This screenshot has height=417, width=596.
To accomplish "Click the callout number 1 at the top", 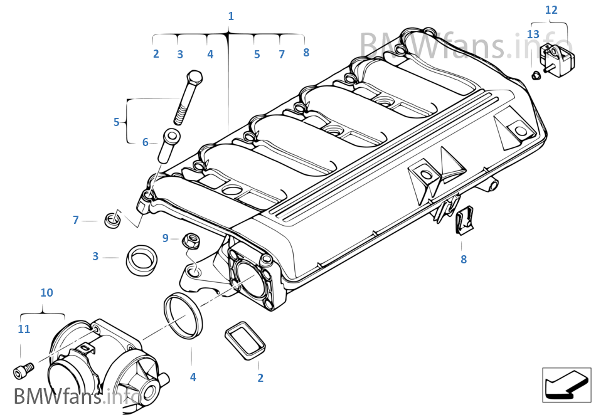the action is pyautogui.click(x=231, y=16).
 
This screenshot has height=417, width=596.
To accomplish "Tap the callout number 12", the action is pyautogui.click(x=551, y=10).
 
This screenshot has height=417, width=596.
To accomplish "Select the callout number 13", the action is pyautogui.click(x=533, y=34).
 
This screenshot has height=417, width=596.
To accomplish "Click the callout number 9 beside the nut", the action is pyautogui.click(x=166, y=238).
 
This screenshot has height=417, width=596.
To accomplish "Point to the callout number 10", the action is pyautogui.click(x=47, y=292).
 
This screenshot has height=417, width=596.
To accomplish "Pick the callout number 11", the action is pyautogui.click(x=24, y=329).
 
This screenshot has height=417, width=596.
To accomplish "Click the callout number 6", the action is pyautogui.click(x=145, y=142).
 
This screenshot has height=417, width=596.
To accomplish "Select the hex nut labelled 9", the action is pyautogui.click(x=191, y=241).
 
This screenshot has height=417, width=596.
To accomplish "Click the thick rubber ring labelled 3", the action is pyautogui.click(x=141, y=260).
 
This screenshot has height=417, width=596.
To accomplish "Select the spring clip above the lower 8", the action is pyautogui.click(x=464, y=220).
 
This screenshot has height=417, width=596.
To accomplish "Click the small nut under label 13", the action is pyautogui.click(x=536, y=76).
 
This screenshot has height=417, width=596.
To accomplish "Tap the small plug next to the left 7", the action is pyautogui.click(x=112, y=220).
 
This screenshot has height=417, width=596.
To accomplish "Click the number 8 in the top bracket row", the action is pyautogui.click(x=306, y=53).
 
